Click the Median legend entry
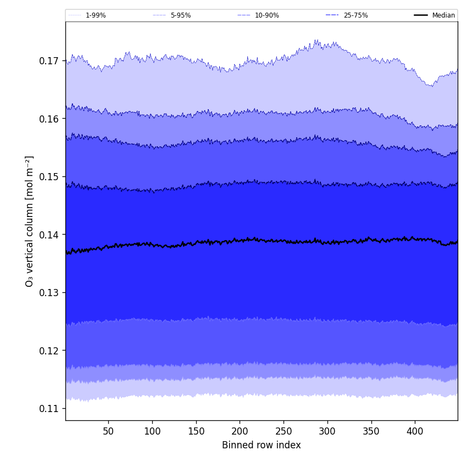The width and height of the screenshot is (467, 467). pyautogui.click(x=443, y=15)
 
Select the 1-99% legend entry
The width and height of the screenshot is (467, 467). pyautogui.click(x=95, y=15)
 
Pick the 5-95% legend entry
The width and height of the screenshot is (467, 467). pyautogui.click(x=180, y=15)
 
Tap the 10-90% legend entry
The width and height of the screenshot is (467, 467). pyautogui.click(x=266, y=15)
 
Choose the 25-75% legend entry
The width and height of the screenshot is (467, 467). pyautogui.click(x=355, y=15)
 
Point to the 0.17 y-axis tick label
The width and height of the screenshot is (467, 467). pyautogui.click(x=49, y=61)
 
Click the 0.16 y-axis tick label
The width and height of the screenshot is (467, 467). pyautogui.click(x=49, y=119)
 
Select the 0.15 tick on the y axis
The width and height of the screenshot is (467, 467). pyautogui.click(x=49, y=177)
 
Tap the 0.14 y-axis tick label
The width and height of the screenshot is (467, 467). pyautogui.click(x=49, y=235)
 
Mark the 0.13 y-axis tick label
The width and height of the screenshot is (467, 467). pyautogui.click(x=49, y=293)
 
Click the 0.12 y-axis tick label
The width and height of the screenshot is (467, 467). pyautogui.click(x=49, y=351)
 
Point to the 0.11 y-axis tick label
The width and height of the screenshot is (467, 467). pyautogui.click(x=49, y=409)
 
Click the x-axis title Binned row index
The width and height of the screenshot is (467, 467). pyautogui.click(x=261, y=445)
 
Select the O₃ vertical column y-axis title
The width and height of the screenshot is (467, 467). pyautogui.click(x=30, y=221)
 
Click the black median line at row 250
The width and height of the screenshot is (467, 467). pyautogui.click(x=283, y=241)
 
